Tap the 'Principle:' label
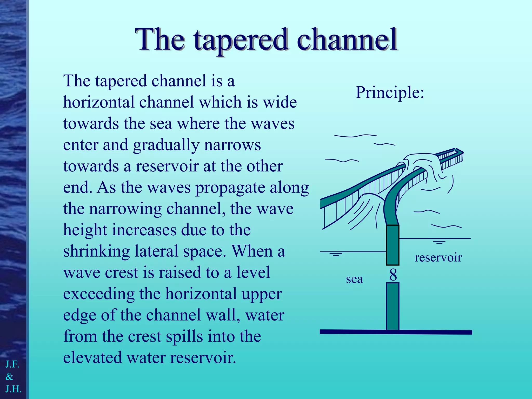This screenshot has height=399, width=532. tap(390, 92)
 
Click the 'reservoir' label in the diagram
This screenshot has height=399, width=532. tap(438, 257)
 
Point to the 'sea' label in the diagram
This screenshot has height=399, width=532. tap(354, 279)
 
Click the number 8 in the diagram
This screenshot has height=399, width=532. tap(393, 275)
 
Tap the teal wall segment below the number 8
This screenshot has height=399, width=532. tap(393, 307)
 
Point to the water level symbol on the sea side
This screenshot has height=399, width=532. tap(336, 254)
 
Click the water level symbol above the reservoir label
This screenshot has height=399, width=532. tap(439, 242)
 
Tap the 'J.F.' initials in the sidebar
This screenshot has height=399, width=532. tap(12, 364)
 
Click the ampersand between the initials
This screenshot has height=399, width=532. tap(9, 376)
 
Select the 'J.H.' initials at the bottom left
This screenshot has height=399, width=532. tap(13, 389)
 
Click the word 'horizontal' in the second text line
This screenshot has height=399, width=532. tap(99, 102)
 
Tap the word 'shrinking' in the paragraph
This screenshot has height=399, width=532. tap(96, 251)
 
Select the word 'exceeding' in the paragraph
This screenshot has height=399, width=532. tap(99, 294)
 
